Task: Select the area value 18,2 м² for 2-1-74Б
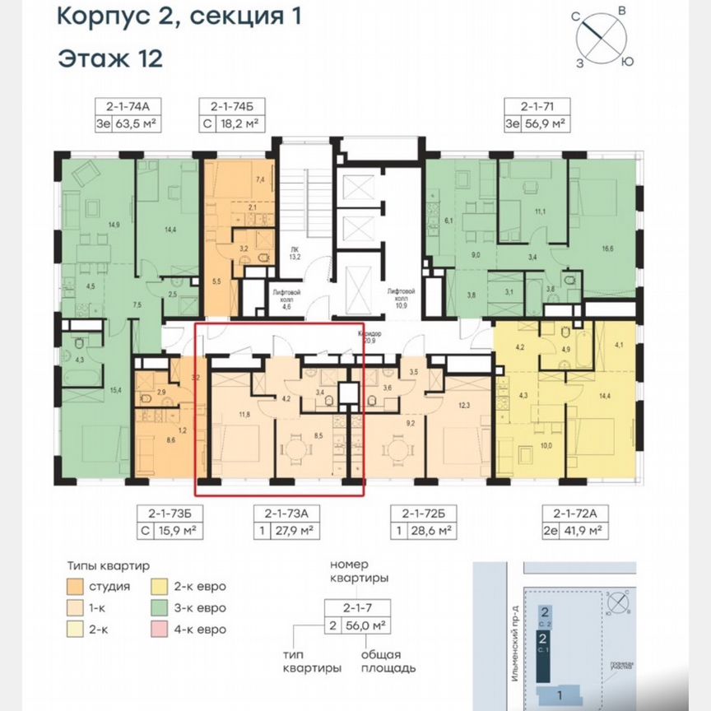point(239,124)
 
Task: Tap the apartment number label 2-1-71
point(536,105)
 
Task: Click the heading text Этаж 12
point(109,58)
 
